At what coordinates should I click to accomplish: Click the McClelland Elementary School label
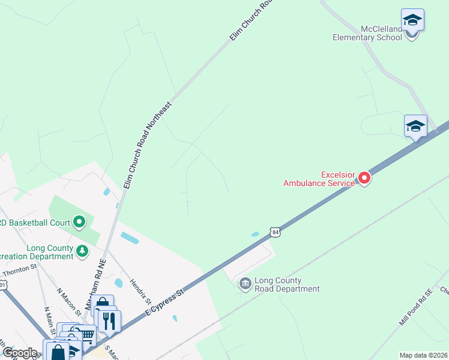[x=367, y=33]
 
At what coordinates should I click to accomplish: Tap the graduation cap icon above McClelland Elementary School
[x=412, y=20]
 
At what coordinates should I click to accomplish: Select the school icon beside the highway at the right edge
[x=415, y=126]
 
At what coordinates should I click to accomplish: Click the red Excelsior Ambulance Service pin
[x=364, y=178]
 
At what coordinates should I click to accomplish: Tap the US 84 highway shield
[x=275, y=232]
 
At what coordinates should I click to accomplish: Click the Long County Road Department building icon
[x=245, y=284]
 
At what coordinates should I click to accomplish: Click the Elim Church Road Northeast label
[x=147, y=145]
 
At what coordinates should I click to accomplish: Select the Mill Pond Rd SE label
[x=416, y=308]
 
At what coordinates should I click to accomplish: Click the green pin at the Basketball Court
[x=79, y=223]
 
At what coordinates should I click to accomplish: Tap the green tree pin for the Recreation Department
[x=82, y=253]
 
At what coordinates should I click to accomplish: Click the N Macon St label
[x=69, y=301]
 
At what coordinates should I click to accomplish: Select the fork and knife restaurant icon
[x=109, y=320]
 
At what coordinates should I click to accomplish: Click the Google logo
[x=20, y=353]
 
